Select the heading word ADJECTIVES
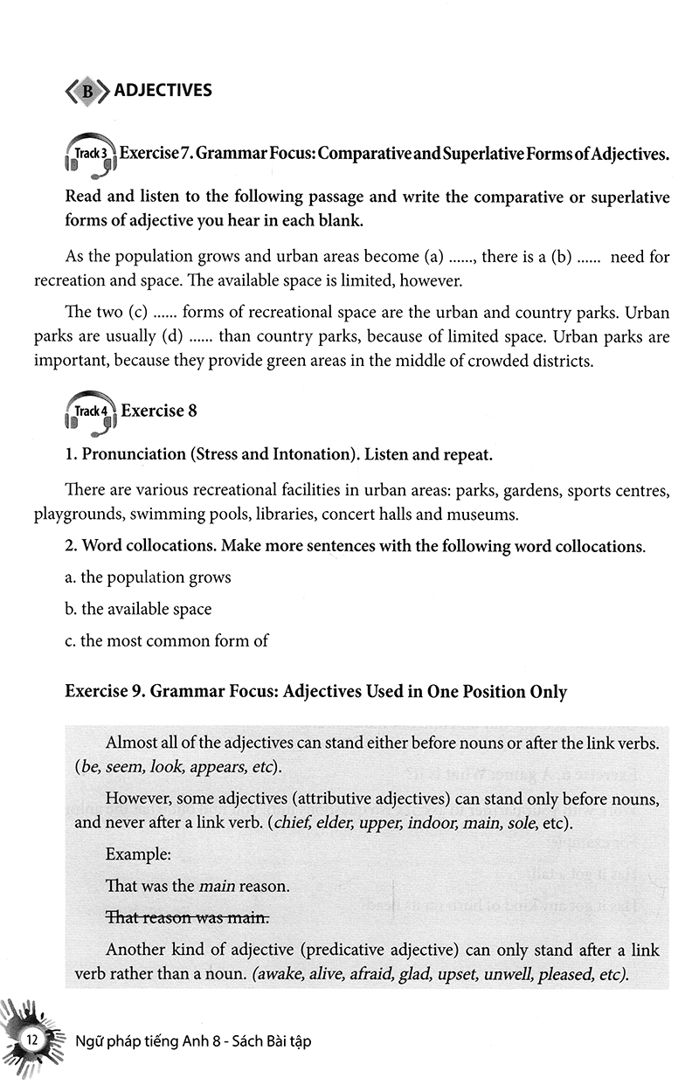(163, 90)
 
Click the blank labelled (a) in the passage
(460, 258)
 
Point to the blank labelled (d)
(198, 335)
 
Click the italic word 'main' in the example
(218, 886)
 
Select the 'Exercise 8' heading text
(153, 411)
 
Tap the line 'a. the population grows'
(149, 577)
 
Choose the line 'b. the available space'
(139, 609)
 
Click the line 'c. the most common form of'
(167, 640)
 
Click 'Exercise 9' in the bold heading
(104, 692)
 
